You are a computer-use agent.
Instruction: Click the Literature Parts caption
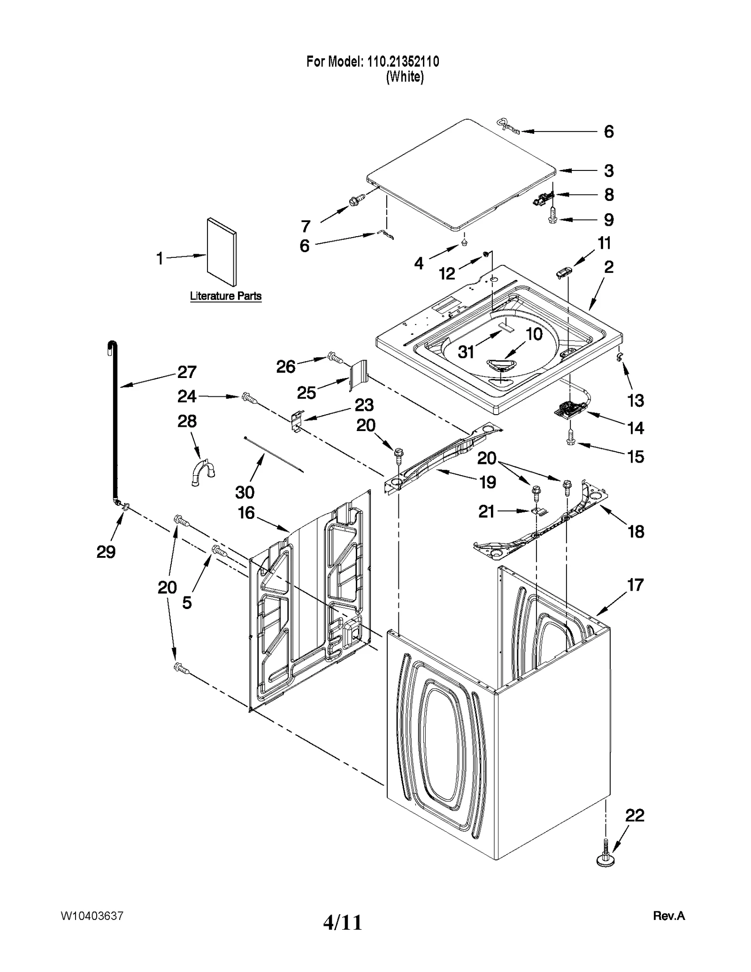pyautogui.click(x=225, y=296)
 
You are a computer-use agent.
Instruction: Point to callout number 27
pyautogui.click(x=186, y=372)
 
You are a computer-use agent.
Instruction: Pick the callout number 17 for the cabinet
pyautogui.click(x=635, y=585)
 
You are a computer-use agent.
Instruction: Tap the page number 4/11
pyautogui.click(x=343, y=922)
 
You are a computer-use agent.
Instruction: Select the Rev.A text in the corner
pyautogui.click(x=668, y=916)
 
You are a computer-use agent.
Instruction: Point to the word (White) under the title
pyautogui.click(x=405, y=77)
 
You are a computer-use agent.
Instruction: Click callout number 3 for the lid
pyautogui.click(x=608, y=170)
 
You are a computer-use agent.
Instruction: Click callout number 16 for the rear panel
pyautogui.click(x=246, y=513)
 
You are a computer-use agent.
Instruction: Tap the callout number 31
pyautogui.click(x=466, y=352)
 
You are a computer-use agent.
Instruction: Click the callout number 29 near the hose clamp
pyautogui.click(x=106, y=552)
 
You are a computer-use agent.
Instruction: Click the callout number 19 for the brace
pyautogui.click(x=488, y=482)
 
